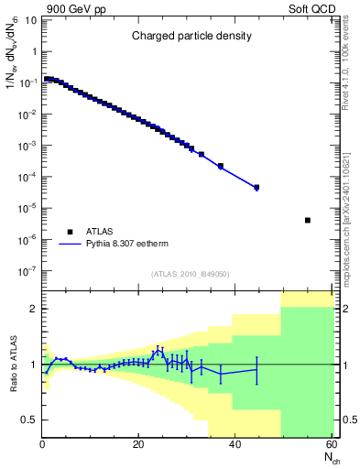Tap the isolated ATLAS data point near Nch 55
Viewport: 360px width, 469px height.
click(307, 220)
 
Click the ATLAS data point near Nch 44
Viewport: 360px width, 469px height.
click(256, 187)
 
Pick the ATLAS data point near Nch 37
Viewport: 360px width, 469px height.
click(221, 166)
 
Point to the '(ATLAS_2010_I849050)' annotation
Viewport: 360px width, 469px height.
click(191, 273)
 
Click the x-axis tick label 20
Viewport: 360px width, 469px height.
click(138, 445)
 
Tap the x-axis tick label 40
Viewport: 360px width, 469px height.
click(235, 445)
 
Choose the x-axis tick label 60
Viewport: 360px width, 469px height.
click(330, 445)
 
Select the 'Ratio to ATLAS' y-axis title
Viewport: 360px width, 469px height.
click(12, 364)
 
